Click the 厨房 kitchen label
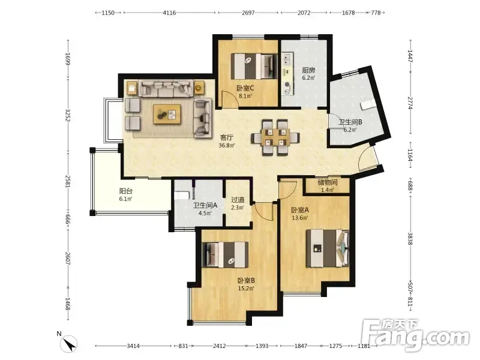(308, 70)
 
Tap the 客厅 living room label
(227, 137)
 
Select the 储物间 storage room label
(328, 183)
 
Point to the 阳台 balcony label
(126, 191)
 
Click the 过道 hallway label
(238, 200)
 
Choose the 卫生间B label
(350, 122)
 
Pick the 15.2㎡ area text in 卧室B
(247, 288)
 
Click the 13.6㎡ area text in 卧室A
(300, 218)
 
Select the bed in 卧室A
(328, 248)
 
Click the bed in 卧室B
(226, 253)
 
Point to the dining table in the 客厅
(275, 138)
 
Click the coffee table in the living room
(167, 114)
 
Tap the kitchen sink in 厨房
(287, 59)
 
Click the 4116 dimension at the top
(169, 13)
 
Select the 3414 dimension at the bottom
(133, 346)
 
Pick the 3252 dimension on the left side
(68, 115)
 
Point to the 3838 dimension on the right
(410, 239)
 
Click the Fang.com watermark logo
(415, 336)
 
